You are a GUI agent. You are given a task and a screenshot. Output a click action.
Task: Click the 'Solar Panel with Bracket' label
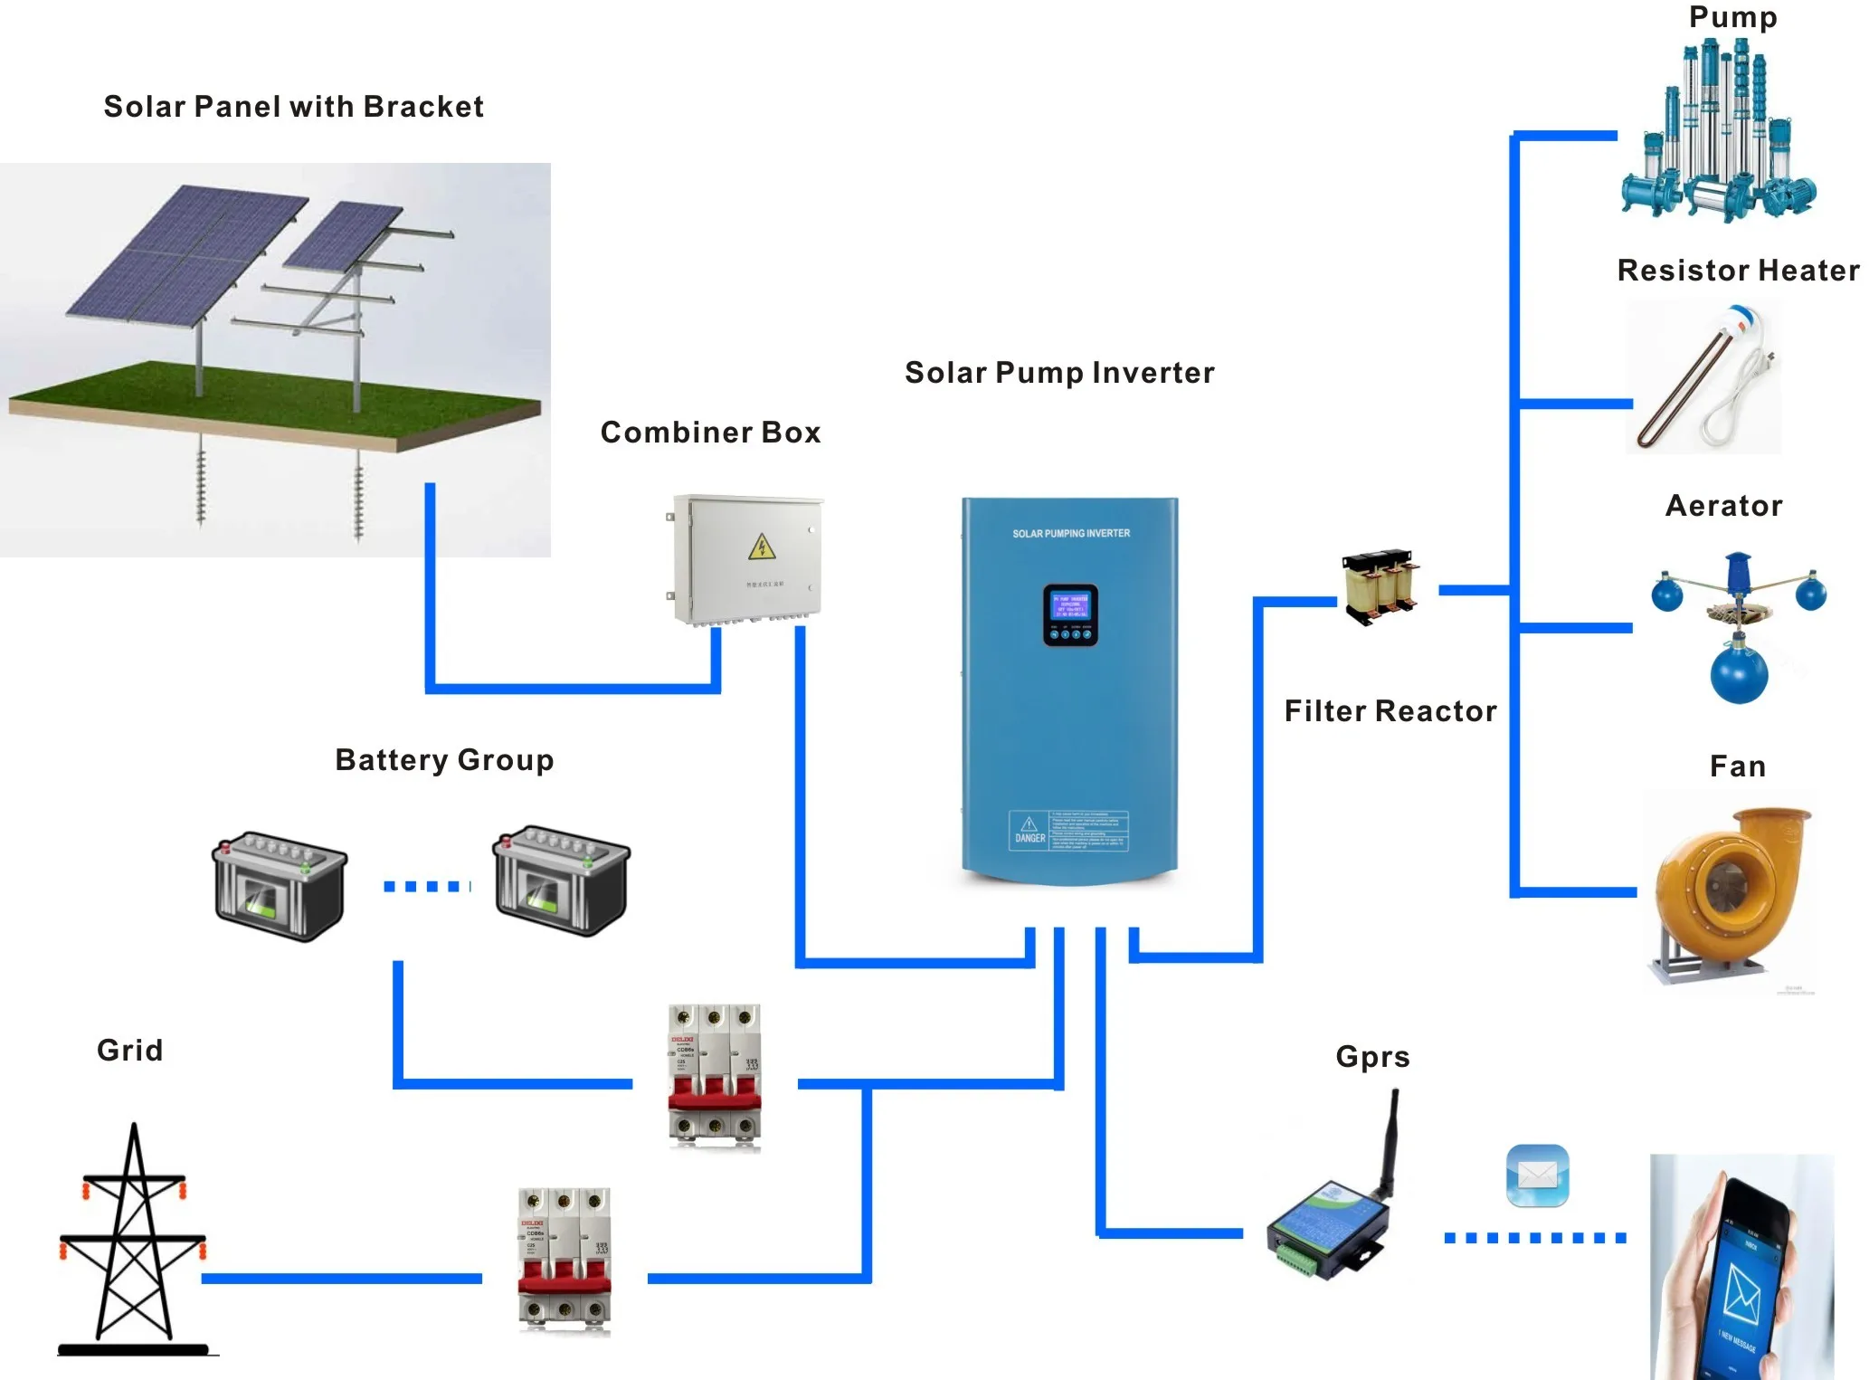pyautogui.click(x=293, y=107)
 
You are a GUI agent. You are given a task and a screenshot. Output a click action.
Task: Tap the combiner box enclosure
pyautogui.click(x=747, y=559)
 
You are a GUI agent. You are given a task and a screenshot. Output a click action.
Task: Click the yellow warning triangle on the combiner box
pyautogui.click(x=762, y=547)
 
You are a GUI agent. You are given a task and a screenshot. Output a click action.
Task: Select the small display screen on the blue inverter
pyautogui.click(x=1070, y=614)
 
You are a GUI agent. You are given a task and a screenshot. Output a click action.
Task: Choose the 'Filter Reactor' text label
pyautogui.click(x=1390, y=711)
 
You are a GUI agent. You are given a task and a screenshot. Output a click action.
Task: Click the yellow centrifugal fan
pyautogui.click(x=1727, y=891)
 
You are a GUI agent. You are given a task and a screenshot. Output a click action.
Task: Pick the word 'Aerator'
pyautogui.click(x=1723, y=506)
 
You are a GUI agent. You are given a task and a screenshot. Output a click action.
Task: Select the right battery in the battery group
pyautogui.click(x=560, y=880)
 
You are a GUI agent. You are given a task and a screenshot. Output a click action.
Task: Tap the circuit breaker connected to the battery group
pyautogui.click(x=714, y=1076)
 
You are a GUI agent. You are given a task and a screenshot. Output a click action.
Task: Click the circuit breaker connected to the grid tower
pyautogui.click(x=564, y=1260)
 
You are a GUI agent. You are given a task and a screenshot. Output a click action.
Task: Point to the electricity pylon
pyautogui.click(x=134, y=1240)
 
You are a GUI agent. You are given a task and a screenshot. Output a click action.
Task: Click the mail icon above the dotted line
pyautogui.click(x=1537, y=1175)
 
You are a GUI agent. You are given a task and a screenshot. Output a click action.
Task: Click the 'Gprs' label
pyautogui.click(x=1372, y=1057)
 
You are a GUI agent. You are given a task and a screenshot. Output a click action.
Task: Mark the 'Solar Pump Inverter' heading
pyautogui.click(x=1059, y=373)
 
